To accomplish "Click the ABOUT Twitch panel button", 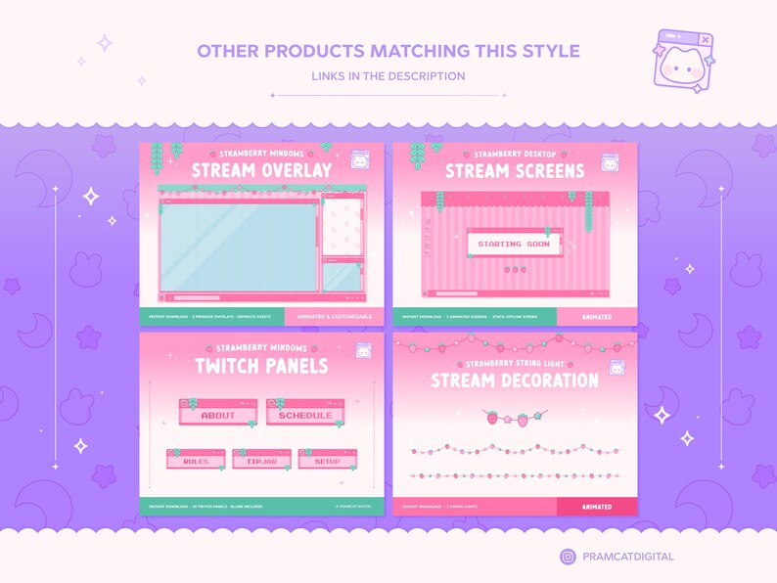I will coord(217,415).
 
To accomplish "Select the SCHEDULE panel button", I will coord(304,415).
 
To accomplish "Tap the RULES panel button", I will coord(196,461).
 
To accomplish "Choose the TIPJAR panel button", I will coord(261,461).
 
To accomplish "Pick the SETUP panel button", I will coord(327,461).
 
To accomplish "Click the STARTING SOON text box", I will coord(514,244).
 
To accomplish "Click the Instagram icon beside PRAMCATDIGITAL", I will coord(568,557).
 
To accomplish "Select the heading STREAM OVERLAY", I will coord(261,171).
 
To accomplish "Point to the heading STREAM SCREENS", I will coord(515,171).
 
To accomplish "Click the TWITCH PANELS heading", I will coord(261,366).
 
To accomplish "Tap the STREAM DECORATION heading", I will coord(515,380).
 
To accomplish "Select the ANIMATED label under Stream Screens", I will coord(596,317).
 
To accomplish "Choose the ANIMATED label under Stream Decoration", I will coord(596,507).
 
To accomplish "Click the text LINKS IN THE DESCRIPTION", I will coord(388,76).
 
